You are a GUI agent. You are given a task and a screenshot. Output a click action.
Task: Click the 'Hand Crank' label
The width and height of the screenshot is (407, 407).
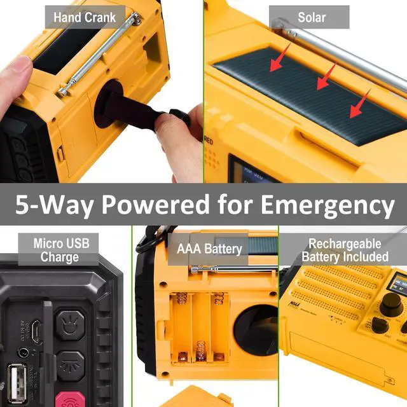tap(84, 17)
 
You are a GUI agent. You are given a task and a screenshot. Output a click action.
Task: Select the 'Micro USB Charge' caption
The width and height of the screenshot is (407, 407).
tap(61, 250)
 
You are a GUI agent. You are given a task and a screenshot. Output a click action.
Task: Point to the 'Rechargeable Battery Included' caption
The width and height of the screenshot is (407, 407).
tap(344, 250)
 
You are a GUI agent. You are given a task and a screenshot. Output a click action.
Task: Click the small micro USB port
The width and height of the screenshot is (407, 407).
tap(37, 331)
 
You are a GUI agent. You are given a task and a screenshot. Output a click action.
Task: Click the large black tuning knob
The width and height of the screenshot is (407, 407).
tap(389, 303)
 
